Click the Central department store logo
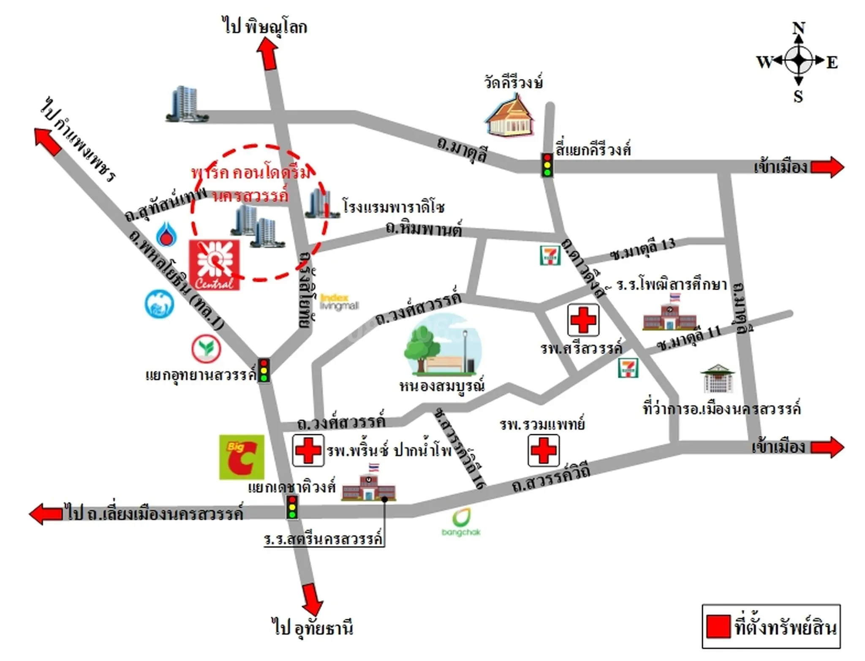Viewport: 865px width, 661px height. tap(214, 265)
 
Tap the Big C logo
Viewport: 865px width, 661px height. tap(242, 457)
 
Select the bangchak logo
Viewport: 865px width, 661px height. tap(461, 522)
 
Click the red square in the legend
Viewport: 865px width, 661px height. tap(718, 626)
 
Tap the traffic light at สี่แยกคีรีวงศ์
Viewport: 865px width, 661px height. tap(547, 165)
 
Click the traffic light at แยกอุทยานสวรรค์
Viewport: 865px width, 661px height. tap(264, 370)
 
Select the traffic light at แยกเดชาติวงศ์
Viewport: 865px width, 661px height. tap(292, 507)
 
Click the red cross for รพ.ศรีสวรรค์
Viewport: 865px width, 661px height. tap(583, 320)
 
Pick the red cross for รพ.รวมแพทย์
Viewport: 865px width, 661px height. tap(543, 450)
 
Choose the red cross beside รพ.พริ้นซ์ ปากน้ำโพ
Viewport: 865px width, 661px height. tap(308, 450)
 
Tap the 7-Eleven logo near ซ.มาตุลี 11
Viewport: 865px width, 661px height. tap(628, 367)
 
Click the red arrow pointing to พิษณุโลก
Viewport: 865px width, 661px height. tap(268, 53)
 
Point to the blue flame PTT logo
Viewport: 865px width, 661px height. tap(166, 234)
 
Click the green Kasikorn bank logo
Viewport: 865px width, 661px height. tap(206, 348)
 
